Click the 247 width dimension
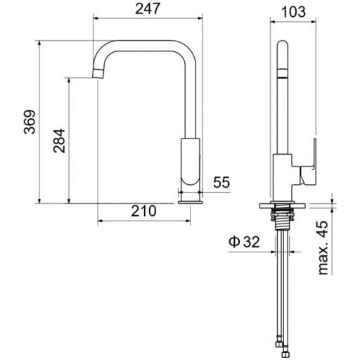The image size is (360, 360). tap(148, 8)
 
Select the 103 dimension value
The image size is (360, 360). tap(293, 12)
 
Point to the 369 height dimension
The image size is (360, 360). tap(30, 122)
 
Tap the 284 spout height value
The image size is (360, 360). tap(59, 141)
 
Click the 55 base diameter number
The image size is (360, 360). tap(221, 182)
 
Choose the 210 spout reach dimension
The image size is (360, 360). tap(143, 211)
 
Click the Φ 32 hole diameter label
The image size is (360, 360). tap(244, 242)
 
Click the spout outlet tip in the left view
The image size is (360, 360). tap(98, 74)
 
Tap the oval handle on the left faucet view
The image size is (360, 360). tap(191, 162)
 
